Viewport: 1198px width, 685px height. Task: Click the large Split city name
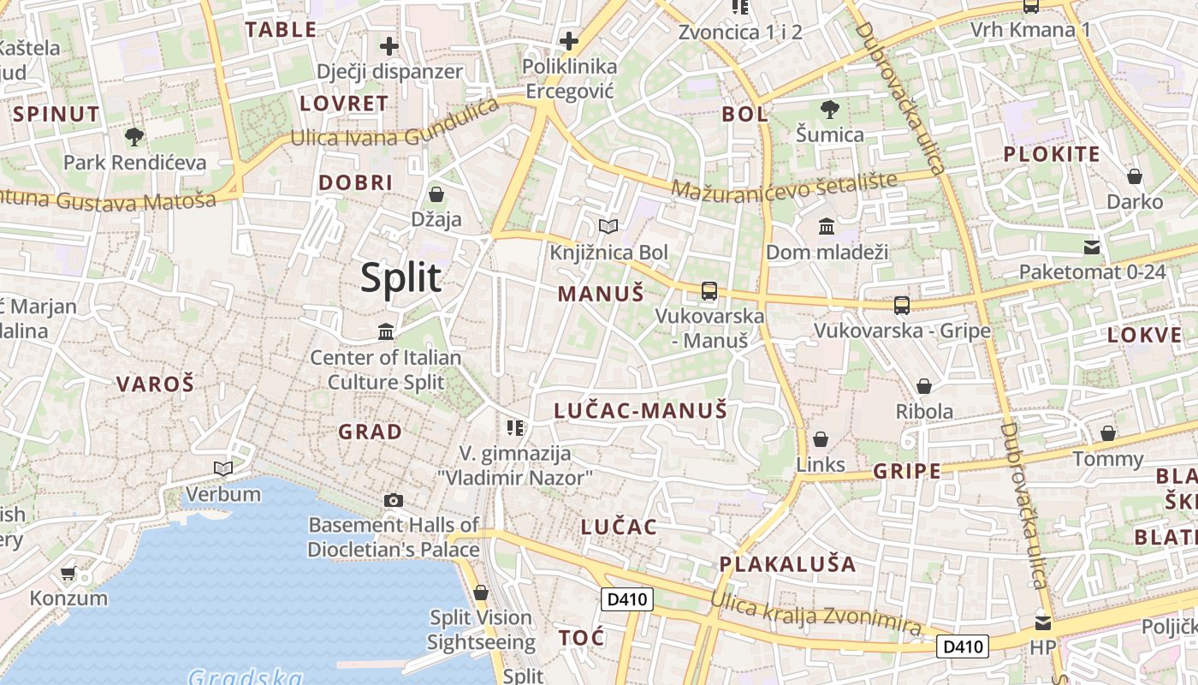click(x=400, y=277)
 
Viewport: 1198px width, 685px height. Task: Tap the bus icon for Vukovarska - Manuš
click(x=709, y=290)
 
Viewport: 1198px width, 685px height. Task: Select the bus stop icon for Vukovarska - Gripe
click(x=901, y=305)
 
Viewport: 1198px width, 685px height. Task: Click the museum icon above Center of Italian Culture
click(x=386, y=331)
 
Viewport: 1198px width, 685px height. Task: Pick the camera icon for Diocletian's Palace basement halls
click(x=394, y=500)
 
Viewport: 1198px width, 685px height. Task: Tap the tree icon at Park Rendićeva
click(x=134, y=136)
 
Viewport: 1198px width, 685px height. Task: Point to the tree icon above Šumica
click(x=829, y=109)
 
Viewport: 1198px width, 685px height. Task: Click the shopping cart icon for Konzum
click(x=68, y=573)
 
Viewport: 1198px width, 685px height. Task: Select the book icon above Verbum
click(x=223, y=468)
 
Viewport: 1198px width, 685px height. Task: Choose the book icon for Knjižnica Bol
click(x=608, y=226)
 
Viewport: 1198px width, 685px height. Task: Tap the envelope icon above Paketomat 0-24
click(x=1092, y=247)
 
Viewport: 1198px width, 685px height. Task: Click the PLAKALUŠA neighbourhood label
click(x=787, y=563)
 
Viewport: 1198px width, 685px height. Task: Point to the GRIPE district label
click(x=907, y=471)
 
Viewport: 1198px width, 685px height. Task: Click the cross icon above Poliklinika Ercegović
click(x=569, y=40)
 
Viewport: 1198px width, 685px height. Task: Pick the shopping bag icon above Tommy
click(x=1108, y=433)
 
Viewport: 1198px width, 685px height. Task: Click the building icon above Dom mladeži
click(x=827, y=227)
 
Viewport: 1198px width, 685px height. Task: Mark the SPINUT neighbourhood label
click(x=57, y=114)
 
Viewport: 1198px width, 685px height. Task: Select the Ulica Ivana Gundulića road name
click(x=394, y=127)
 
